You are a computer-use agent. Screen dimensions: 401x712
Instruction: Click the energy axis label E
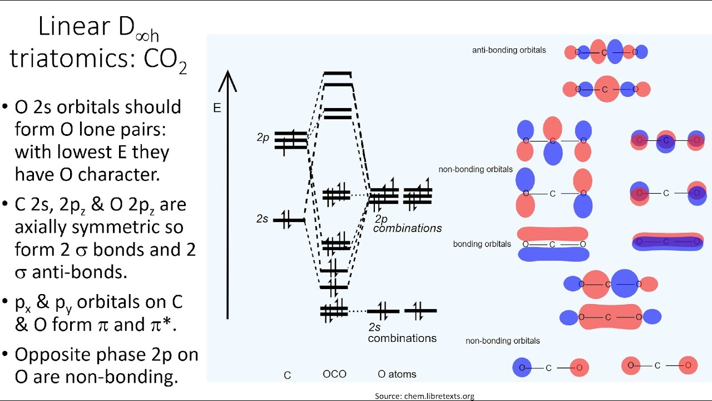[217, 108]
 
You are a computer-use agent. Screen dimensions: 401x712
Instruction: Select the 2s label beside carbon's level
[262, 219]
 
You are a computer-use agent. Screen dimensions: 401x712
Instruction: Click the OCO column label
[334, 374]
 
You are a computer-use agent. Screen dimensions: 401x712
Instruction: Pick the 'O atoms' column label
[397, 374]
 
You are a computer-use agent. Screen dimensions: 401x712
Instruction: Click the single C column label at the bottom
[287, 375]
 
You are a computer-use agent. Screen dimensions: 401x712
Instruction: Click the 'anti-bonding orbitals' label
[509, 50]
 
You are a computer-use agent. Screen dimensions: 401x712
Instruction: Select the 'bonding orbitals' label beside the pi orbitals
[482, 244]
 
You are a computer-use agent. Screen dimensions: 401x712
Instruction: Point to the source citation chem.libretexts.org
[424, 396]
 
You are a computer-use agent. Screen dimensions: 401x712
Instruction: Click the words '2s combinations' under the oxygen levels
[402, 333]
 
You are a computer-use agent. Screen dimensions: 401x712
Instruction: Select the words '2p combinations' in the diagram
[407, 224]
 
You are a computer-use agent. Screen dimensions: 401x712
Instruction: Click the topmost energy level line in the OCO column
[338, 74]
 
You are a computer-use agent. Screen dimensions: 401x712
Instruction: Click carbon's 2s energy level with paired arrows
[288, 221]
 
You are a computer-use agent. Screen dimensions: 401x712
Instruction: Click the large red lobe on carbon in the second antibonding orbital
[606, 89]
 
